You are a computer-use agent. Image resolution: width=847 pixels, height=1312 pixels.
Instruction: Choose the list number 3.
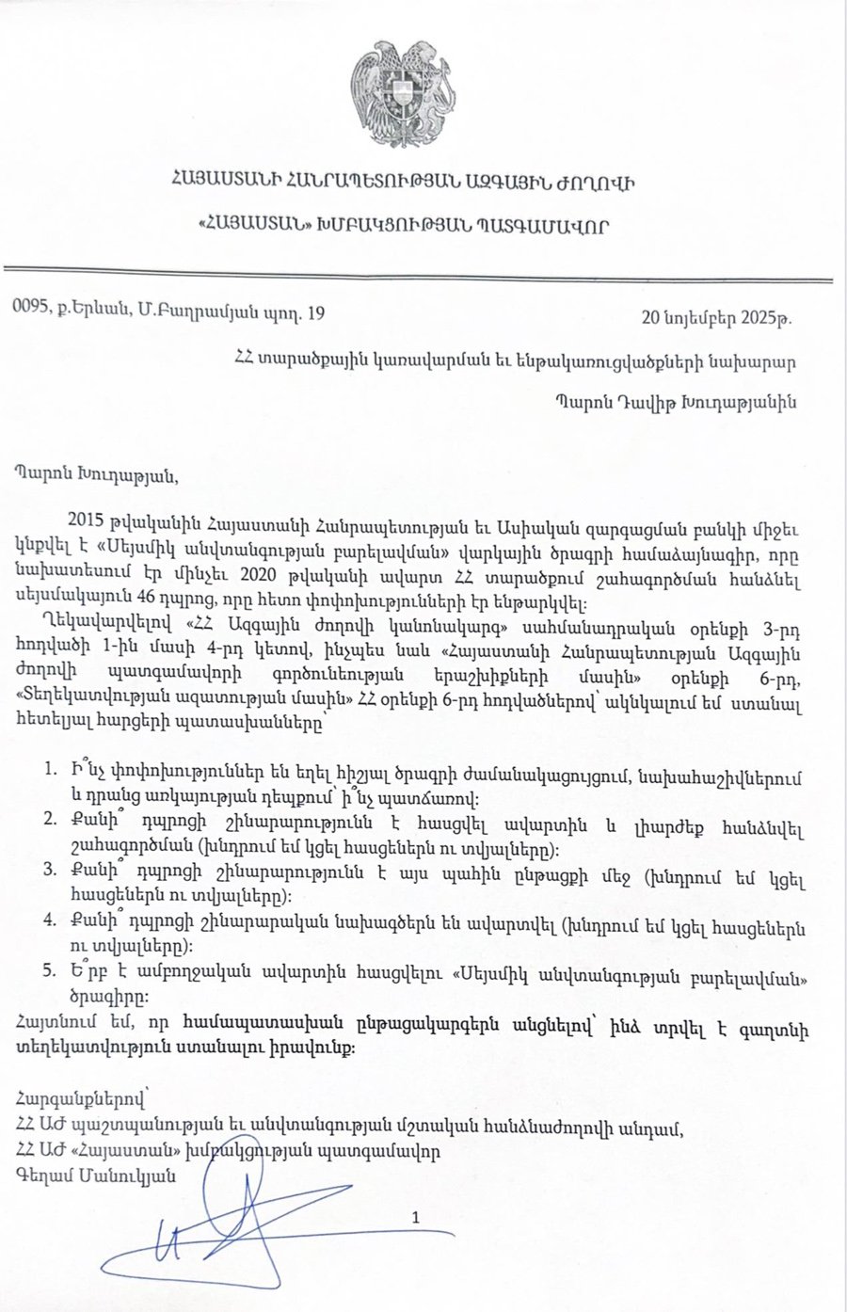[x=48, y=874]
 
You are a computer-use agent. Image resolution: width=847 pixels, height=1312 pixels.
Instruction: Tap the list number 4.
[x=48, y=926]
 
